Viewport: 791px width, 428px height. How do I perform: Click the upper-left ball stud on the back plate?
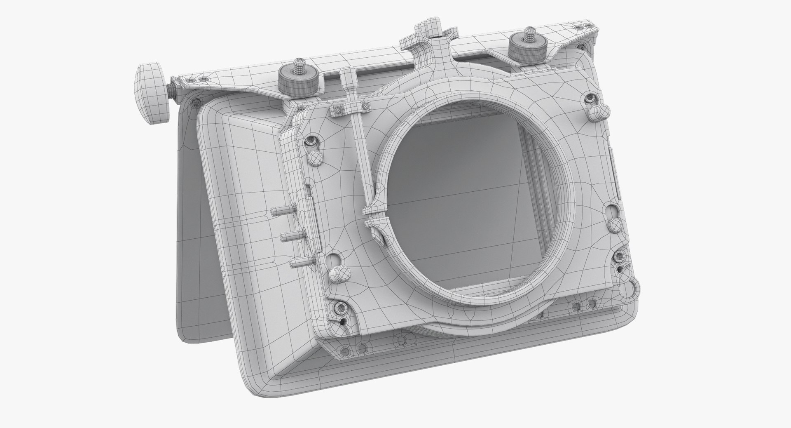pos(315,157)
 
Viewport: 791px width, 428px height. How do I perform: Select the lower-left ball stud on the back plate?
pos(339,273)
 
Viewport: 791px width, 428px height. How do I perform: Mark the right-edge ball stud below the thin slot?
pos(615,226)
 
